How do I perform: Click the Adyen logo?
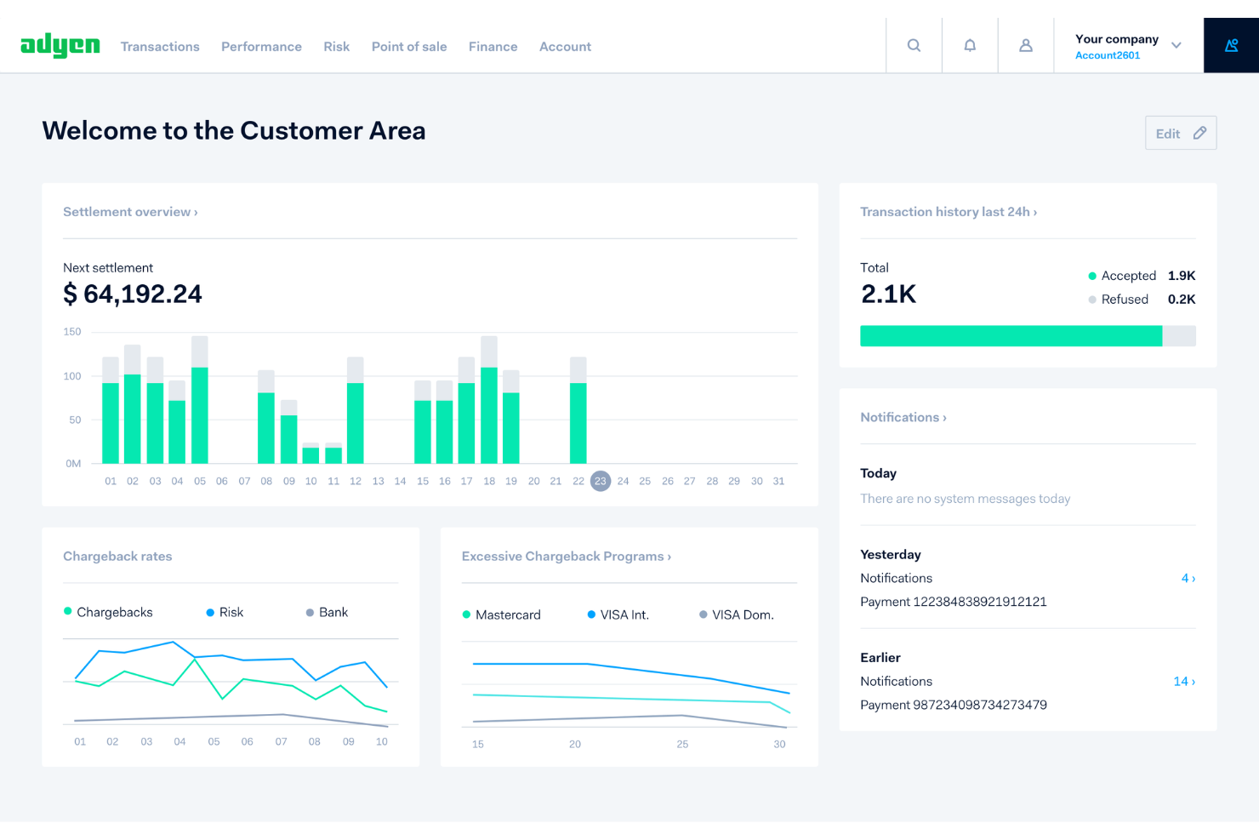click(60, 45)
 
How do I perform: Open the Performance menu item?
click(261, 47)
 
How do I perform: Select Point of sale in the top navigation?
click(408, 47)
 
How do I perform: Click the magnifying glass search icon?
click(914, 46)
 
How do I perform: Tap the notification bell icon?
click(970, 46)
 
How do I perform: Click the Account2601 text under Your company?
click(1107, 55)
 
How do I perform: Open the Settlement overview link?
click(130, 212)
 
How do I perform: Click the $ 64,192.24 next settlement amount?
click(133, 294)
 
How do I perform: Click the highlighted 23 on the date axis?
click(601, 481)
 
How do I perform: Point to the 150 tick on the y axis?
click(72, 332)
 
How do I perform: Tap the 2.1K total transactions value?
click(888, 294)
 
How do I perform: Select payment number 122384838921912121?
click(953, 602)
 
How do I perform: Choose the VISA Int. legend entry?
click(624, 614)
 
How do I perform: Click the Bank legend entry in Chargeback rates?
click(333, 612)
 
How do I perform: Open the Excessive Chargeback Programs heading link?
click(566, 557)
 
